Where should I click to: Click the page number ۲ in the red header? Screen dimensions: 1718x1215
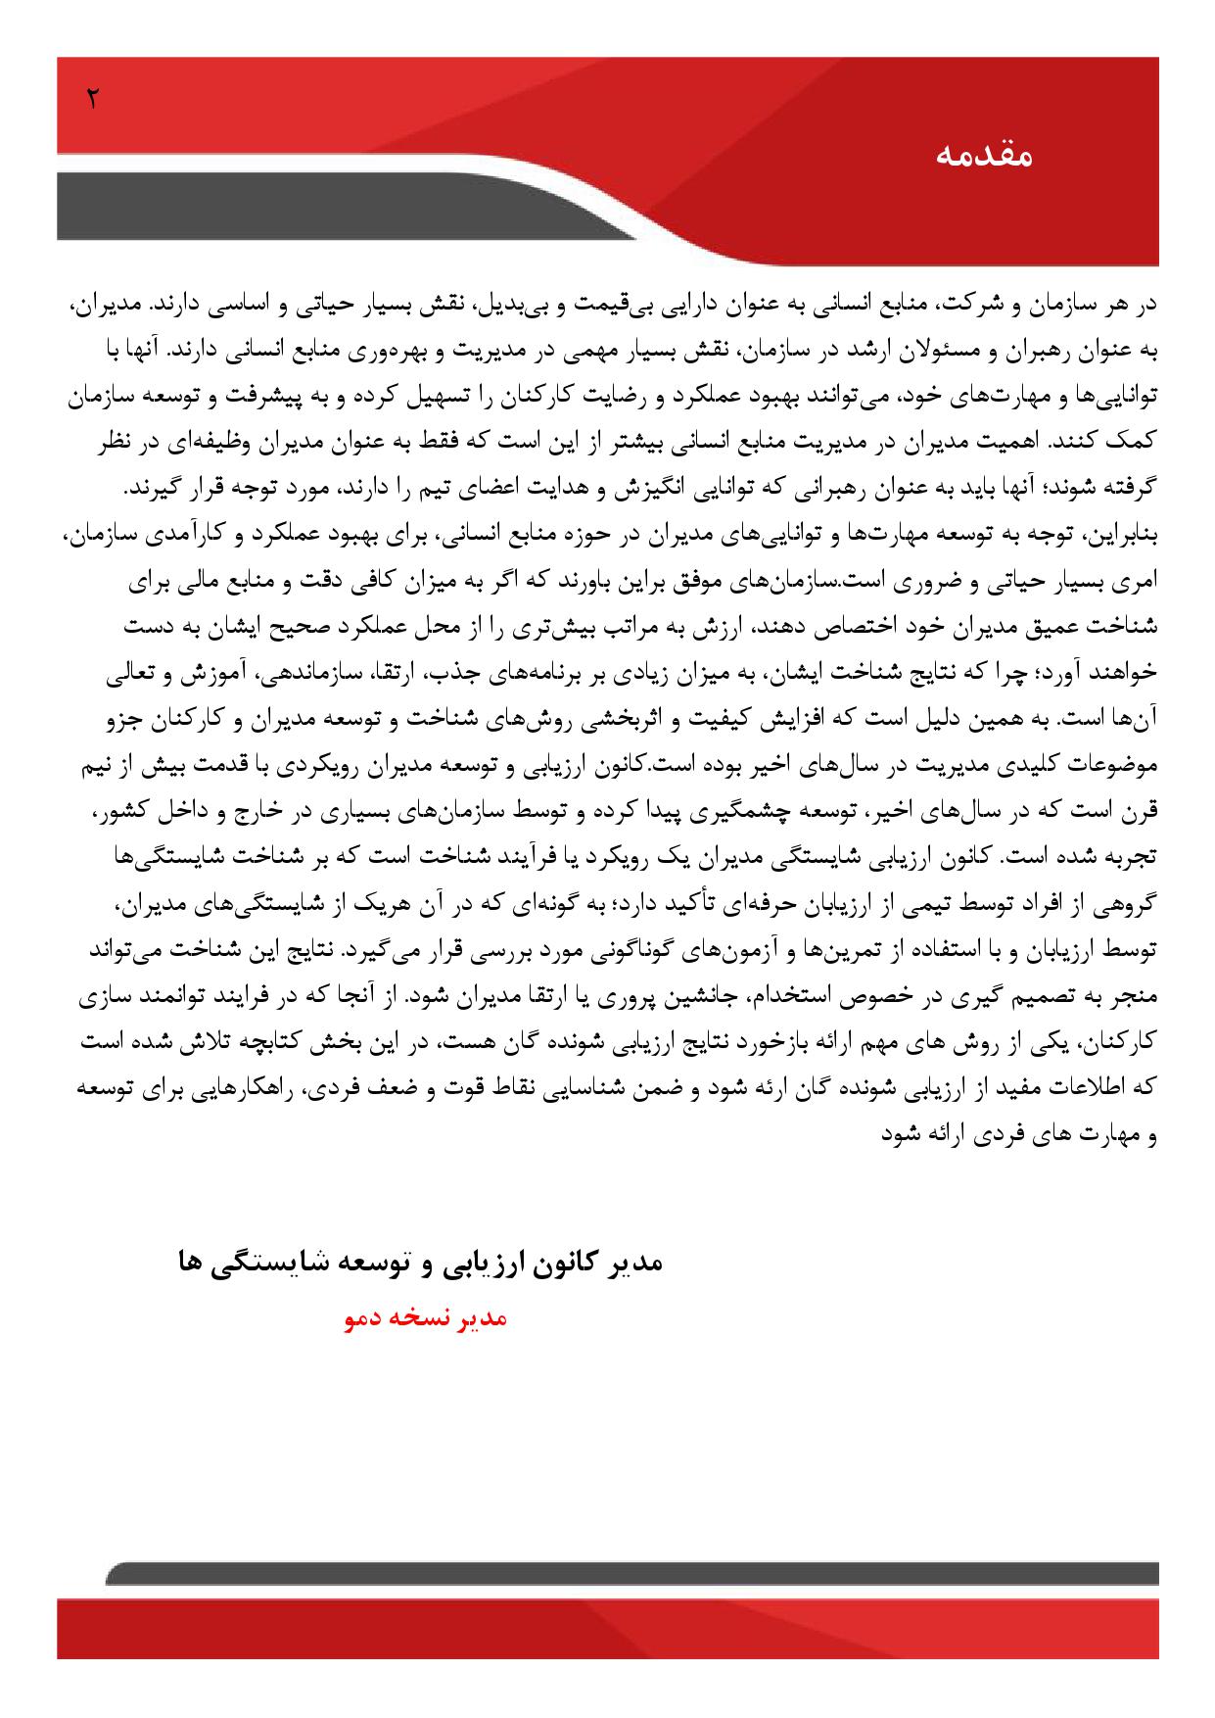(93, 98)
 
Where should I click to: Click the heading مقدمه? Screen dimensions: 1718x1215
(984, 156)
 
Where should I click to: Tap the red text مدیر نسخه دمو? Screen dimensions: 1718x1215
(425, 1319)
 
